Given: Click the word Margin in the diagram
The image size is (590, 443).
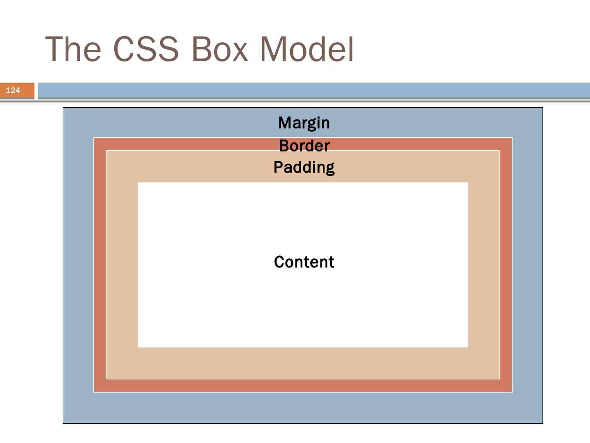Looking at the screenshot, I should pos(304,123).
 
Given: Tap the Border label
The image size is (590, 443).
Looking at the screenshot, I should pos(304,146).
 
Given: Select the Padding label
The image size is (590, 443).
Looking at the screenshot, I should pos(304,167).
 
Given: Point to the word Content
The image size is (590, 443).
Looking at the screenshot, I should pos(304,262).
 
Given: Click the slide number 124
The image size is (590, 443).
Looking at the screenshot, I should pos(13,90).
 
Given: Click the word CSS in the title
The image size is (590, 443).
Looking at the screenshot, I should pos(145,49).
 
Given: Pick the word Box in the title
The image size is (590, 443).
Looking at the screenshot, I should pos(219,49).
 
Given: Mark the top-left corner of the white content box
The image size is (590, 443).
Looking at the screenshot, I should pos(138,183).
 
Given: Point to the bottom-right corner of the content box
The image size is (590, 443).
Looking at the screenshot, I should pos(468,347).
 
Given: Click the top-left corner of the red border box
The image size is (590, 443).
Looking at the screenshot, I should pos(94,138).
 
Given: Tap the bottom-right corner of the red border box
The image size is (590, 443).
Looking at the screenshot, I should pos(512,392).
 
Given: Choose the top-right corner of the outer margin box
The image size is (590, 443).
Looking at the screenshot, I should pos(542,108).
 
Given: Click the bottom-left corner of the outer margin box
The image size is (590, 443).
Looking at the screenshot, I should pos(63,422).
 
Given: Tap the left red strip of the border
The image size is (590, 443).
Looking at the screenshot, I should pos(100,265).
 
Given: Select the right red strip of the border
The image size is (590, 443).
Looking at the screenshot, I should pos(506,265).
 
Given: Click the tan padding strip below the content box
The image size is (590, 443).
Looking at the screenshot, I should pos(303,363).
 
